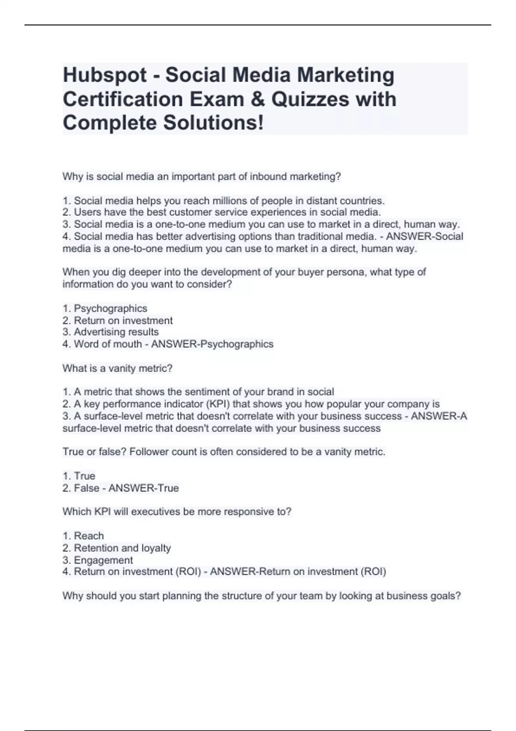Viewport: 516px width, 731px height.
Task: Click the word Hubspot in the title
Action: point(104,75)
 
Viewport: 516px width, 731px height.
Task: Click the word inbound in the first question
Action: point(266,177)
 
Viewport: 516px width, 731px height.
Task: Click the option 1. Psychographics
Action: point(105,308)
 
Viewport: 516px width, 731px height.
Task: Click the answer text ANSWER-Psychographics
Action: point(212,344)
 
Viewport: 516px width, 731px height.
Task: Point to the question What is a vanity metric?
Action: point(117,369)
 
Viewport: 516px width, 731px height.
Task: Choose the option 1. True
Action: point(79,476)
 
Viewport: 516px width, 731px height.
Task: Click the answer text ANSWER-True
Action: point(144,488)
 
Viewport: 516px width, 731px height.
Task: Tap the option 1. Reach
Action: point(83,536)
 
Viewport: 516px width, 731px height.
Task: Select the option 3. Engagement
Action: point(98,560)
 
